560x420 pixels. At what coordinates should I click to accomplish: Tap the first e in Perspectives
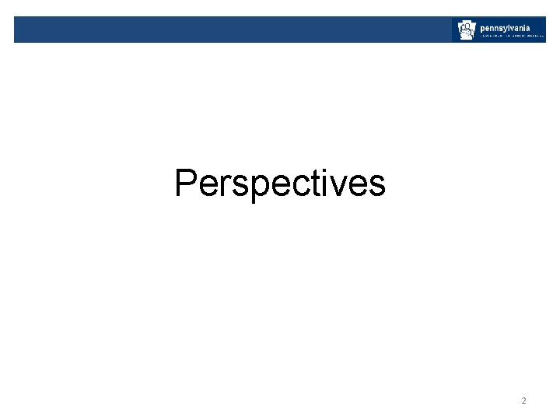[208, 186]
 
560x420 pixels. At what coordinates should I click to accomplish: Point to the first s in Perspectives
[236, 186]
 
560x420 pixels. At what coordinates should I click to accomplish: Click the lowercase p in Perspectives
[253, 189]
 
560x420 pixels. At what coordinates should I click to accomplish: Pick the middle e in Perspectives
[271, 186]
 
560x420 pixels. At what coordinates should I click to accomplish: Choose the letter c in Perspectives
[289, 186]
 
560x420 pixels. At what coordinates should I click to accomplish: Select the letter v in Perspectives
[324, 186]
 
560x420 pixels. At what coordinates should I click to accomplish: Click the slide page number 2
[523, 401]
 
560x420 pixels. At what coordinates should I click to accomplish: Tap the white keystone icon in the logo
[466, 30]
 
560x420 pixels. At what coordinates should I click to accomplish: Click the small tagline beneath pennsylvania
[511, 36]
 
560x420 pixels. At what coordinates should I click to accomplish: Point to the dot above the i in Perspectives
[311, 170]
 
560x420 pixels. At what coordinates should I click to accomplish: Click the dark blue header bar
[233, 30]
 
